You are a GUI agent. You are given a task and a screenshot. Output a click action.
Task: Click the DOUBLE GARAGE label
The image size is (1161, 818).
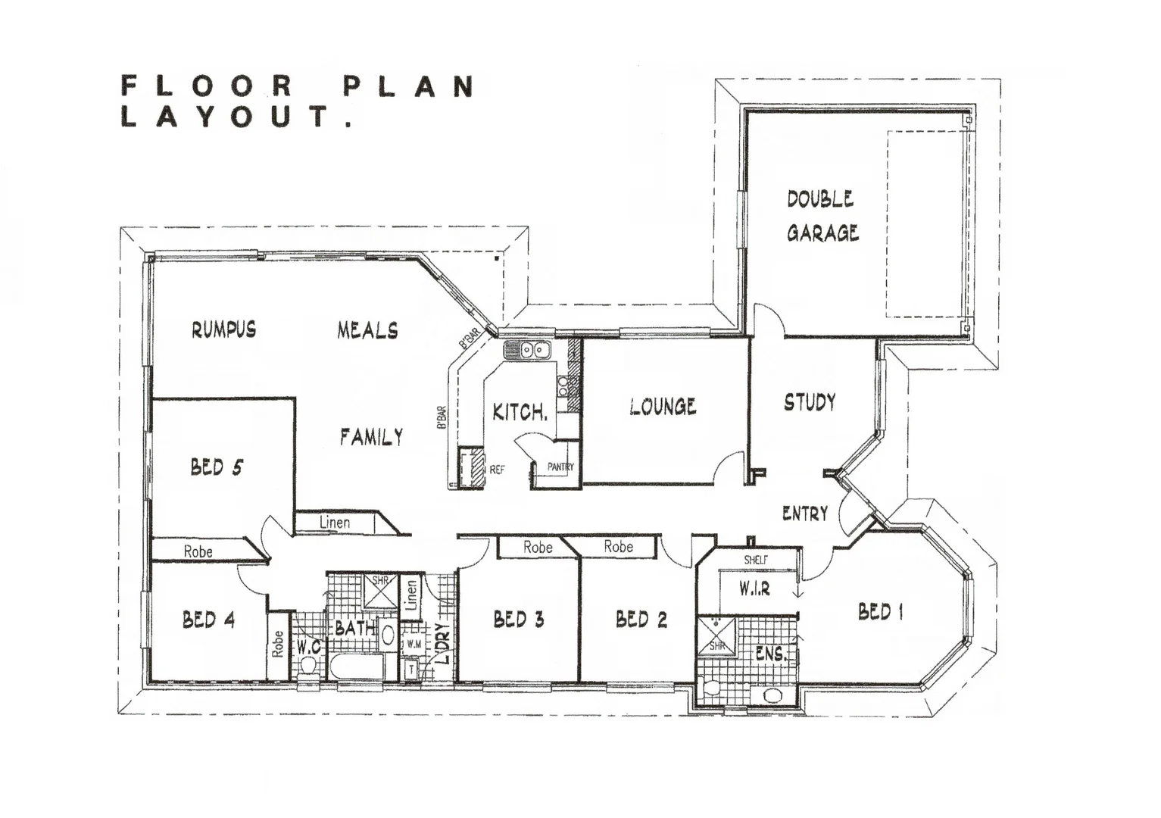click(822, 216)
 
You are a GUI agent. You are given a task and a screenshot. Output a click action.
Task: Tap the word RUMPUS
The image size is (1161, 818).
click(223, 329)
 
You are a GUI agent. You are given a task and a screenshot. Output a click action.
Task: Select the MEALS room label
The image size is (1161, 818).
click(367, 330)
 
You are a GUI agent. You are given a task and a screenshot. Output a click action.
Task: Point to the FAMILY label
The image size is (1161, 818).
click(371, 437)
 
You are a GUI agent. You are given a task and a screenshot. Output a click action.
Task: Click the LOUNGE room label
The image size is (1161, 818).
click(663, 407)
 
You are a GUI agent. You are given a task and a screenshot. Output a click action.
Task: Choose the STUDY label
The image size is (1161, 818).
click(810, 401)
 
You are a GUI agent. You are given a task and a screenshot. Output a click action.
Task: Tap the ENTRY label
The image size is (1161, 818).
click(804, 514)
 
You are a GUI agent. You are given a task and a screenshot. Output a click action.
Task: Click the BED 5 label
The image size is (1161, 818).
click(217, 467)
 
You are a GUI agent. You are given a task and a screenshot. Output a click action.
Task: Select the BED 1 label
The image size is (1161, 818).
click(880, 611)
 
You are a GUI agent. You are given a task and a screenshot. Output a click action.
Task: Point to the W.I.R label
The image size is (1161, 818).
click(755, 588)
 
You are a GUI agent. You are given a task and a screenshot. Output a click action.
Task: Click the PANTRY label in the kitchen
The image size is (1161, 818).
click(560, 467)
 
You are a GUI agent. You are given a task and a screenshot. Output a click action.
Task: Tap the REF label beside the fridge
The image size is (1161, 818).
click(497, 470)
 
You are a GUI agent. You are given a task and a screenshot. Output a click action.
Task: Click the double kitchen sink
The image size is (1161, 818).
click(527, 350)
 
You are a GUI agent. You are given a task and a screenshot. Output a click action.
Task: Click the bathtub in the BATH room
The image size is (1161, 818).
click(357, 667)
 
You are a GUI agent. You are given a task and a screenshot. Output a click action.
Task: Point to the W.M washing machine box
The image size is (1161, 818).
click(414, 644)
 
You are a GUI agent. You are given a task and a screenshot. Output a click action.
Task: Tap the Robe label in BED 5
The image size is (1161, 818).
click(198, 551)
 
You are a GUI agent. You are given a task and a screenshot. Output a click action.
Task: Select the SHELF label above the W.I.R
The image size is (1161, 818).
click(755, 560)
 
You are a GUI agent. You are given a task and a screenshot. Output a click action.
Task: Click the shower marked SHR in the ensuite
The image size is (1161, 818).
click(716, 635)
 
